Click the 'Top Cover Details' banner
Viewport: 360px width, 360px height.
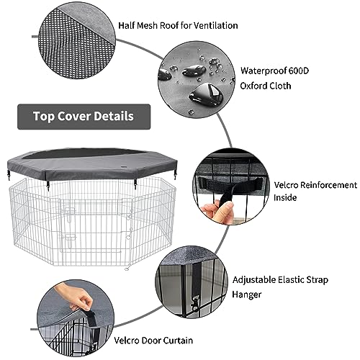(x=84, y=116)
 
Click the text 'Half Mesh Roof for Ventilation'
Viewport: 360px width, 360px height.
(x=178, y=26)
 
